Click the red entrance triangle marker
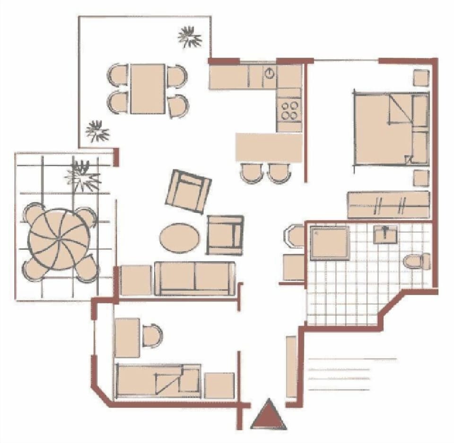pyautogui.click(x=269, y=416)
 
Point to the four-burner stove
pyautogui.click(x=289, y=110)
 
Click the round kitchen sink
pyautogui.click(x=269, y=74)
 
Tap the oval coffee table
pyautogui.click(x=179, y=238)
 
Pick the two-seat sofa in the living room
pyautogui.click(x=195, y=279)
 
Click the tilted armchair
pyautogui.click(x=188, y=191)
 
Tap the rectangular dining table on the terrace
pyautogui.click(x=148, y=89)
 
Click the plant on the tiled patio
pyautogui.click(x=84, y=176)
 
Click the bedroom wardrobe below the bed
pyautogui.click(x=388, y=205)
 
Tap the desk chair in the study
pyautogui.click(x=151, y=335)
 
